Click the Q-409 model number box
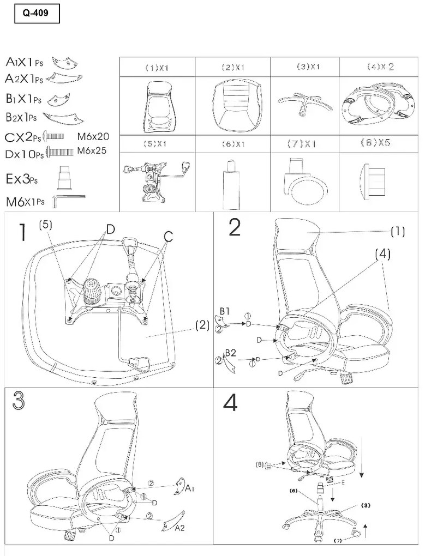click(36, 15)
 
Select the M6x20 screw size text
click(93, 137)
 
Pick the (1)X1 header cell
click(157, 68)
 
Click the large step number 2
click(234, 228)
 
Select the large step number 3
click(19, 402)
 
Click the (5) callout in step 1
click(46, 224)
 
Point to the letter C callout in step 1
click(168, 236)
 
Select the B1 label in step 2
click(224, 310)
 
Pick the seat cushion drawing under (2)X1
click(233, 104)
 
